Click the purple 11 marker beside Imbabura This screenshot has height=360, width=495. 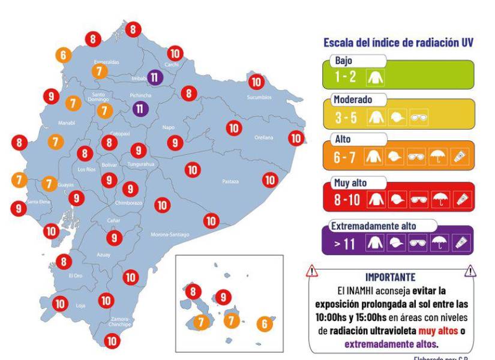click(x=155, y=77)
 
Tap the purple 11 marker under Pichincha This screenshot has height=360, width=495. click(x=140, y=109)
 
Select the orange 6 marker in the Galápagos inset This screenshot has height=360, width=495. click(x=263, y=324)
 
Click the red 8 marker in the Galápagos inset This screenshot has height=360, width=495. click(x=193, y=292)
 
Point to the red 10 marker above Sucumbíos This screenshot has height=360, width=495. click(x=256, y=82)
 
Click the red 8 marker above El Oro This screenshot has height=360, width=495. click(x=64, y=261)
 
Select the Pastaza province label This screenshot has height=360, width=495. click(x=230, y=181)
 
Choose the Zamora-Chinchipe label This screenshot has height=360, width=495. click(x=120, y=322)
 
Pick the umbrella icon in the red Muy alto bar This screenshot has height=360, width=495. click(x=440, y=200)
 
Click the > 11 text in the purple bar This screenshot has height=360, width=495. click(x=346, y=244)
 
